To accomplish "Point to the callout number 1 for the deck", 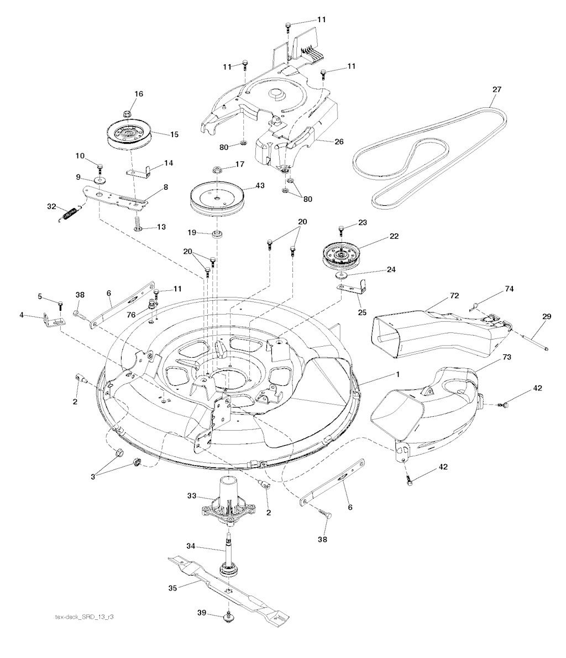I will (x=396, y=374).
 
